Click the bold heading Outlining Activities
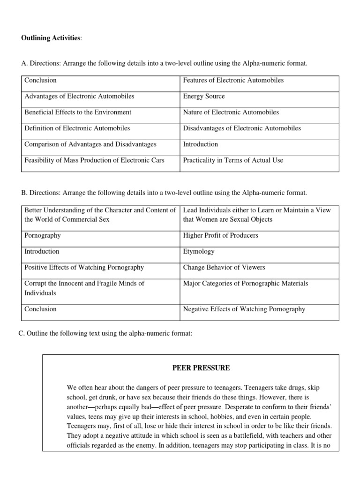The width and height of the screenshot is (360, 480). (x=51, y=38)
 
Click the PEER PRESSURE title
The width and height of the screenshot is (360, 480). (x=201, y=368)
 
